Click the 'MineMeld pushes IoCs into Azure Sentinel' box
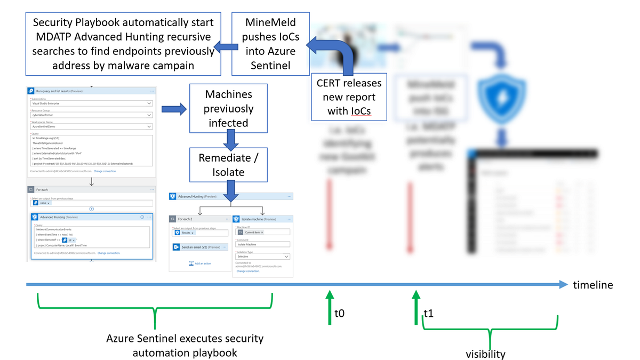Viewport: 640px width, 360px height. (271, 44)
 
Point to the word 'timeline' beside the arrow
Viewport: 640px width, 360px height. (593, 285)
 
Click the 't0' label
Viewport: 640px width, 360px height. (339, 314)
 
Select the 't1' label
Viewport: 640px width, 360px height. (428, 314)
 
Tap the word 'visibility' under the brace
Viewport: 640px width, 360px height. (485, 354)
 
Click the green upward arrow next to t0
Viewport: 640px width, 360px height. (330, 307)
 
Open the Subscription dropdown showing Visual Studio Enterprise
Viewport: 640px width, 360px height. (91, 104)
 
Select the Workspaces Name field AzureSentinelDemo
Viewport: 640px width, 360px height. (91, 126)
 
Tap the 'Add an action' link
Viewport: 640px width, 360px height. (200, 263)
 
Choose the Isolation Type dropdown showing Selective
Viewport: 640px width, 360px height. (263, 257)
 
